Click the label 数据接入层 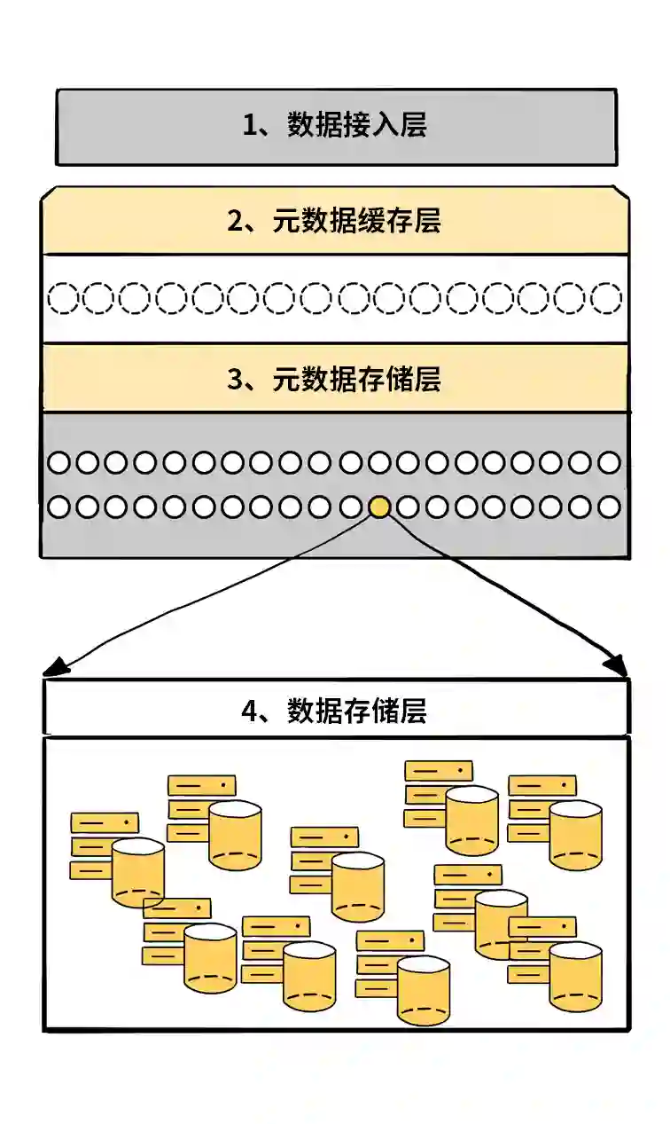click(357, 125)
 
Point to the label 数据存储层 click(357, 711)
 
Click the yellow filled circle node click(379, 507)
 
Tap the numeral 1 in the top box click(250, 125)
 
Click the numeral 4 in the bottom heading click(249, 711)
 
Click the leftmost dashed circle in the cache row click(62, 298)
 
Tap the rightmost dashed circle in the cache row click(606, 298)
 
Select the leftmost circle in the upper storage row click(58, 462)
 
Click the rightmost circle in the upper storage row click(609, 462)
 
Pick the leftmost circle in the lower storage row click(58, 507)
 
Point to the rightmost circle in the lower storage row click(609, 507)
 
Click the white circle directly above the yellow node click(379, 462)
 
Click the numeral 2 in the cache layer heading click(235, 221)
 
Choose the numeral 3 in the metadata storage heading click(235, 380)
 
